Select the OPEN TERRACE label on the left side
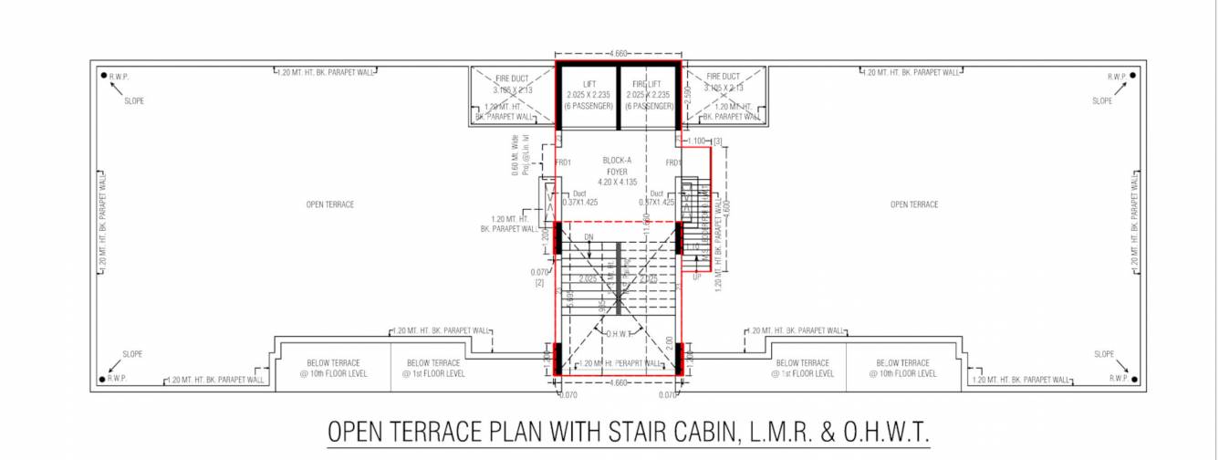coord(329,204)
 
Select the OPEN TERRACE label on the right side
coord(913,204)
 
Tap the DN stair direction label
coord(589,238)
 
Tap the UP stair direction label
coord(698,277)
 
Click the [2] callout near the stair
coord(539,284)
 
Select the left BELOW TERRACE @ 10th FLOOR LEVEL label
coord(333,368)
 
